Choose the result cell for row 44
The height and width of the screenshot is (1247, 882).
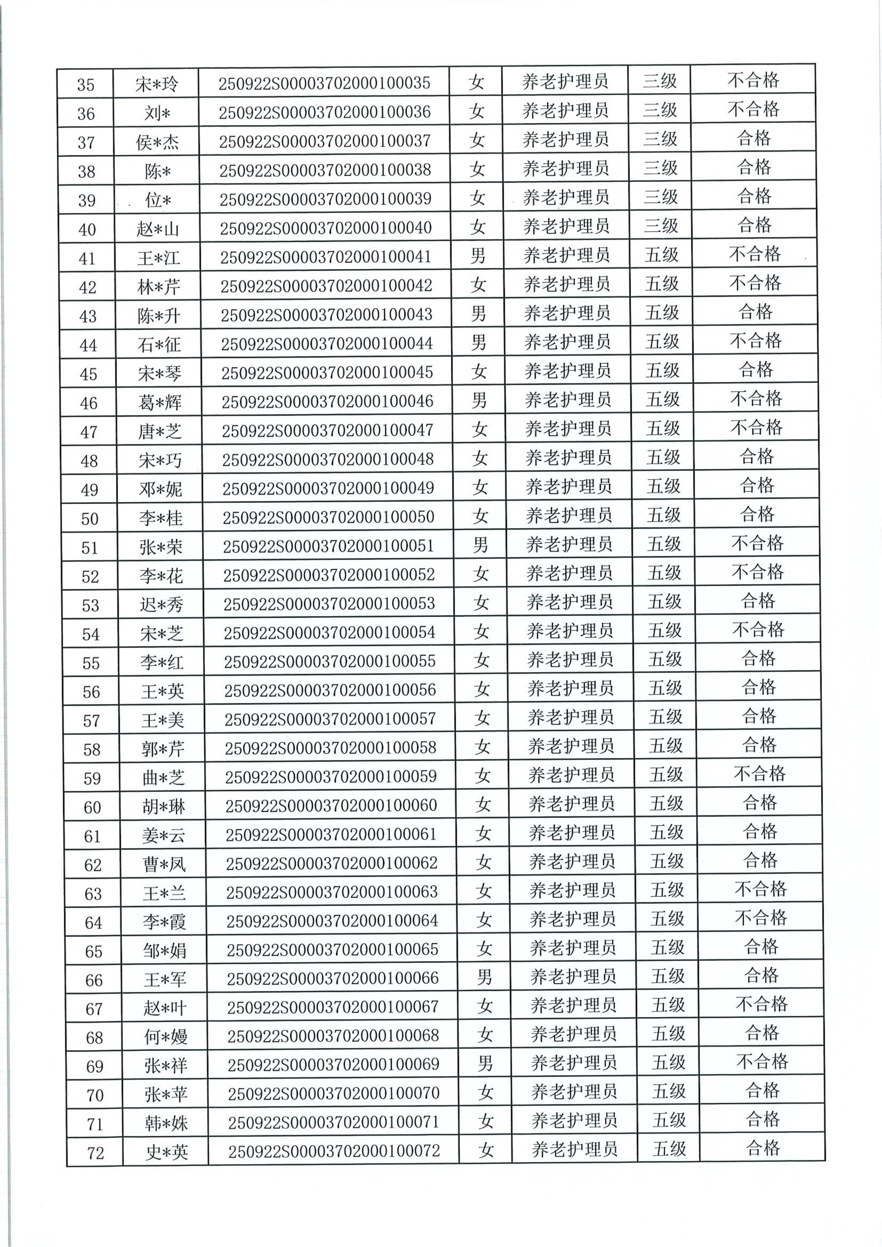click(755, 341)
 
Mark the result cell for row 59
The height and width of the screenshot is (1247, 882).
click(759, 773)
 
